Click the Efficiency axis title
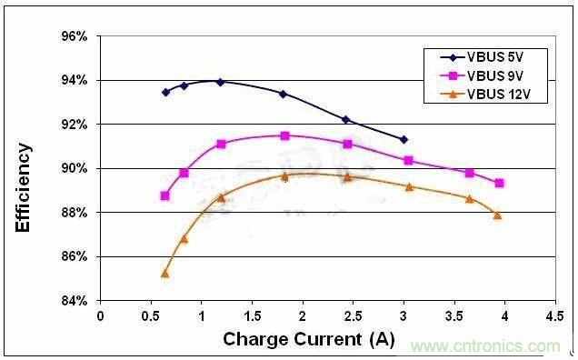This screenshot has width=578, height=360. tap(25, 186)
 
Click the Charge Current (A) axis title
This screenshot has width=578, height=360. tap(308, 339)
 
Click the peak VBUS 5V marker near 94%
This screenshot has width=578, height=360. tap(219, 81)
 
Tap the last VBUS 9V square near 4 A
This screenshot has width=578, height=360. tap(499, 183)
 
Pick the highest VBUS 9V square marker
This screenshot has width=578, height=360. tap(284, 135)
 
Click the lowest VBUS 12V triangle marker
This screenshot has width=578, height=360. tap(164, 273)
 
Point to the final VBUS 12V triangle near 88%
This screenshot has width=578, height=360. tap(497, 215)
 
